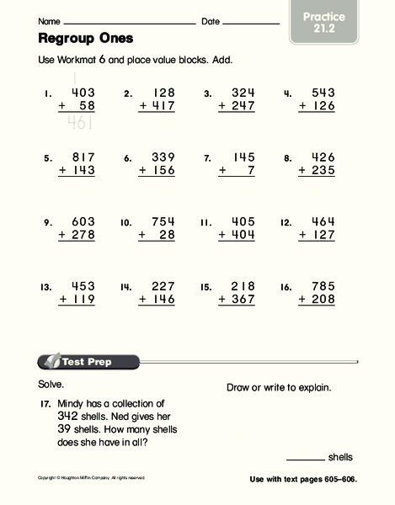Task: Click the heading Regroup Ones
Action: [x=86, y=39]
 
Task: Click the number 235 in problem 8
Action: [x=322, y=170]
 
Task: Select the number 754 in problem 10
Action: [x=162, y=221]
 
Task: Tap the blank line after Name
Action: [x=130, y=23]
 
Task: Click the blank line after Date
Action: [x=250, y=23]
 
